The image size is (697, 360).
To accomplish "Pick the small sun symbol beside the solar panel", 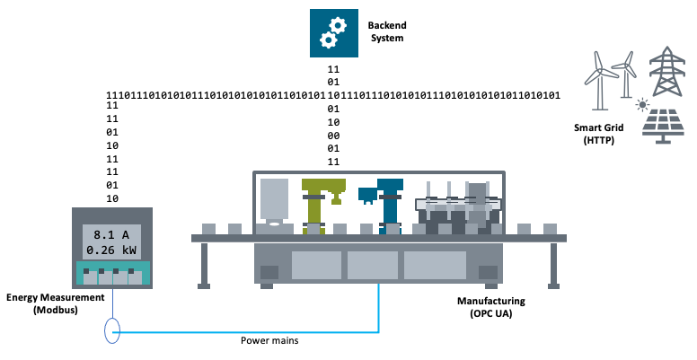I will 642,104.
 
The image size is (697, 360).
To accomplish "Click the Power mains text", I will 269,341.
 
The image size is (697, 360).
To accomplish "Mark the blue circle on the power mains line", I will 112,331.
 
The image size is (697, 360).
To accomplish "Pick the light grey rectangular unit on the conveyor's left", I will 275,199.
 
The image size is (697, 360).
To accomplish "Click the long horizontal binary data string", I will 332,95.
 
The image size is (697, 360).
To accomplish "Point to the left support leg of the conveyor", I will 205,264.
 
